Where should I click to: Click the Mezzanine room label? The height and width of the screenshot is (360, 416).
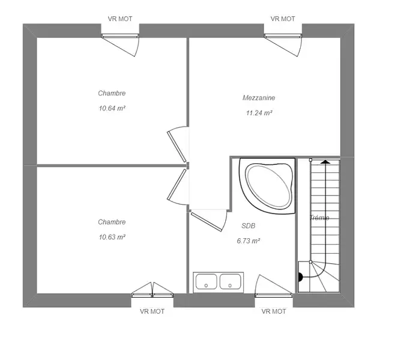click(259, 98)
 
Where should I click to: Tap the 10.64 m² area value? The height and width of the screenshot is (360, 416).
click(112, 108)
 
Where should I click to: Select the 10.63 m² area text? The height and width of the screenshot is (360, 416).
click(112, 237)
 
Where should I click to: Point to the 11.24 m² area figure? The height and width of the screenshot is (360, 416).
click(259, 113)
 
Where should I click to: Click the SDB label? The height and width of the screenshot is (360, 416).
click(249, 226)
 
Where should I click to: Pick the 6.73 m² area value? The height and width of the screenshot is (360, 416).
click(249, 241)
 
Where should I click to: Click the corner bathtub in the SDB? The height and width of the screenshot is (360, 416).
click(268, 185)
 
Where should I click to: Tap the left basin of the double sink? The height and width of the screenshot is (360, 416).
click(206, 281)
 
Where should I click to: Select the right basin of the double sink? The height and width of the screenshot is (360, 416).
click(231, 281)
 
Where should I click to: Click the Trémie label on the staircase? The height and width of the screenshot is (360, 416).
click(319, 218)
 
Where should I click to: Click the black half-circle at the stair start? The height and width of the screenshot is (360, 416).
click(301, 277)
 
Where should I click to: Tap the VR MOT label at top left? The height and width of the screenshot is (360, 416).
click(120, 19)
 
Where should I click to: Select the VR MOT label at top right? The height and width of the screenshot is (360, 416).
click(283, 19)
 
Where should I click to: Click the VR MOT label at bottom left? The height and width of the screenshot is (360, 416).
click(152, 311)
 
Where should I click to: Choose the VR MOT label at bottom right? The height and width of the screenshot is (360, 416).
click(274, 311)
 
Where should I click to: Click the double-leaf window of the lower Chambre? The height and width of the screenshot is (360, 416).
click(152, 290)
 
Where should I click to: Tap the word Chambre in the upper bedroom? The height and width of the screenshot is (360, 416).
click(112, 93)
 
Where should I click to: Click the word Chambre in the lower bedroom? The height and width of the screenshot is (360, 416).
click(112, 222)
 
